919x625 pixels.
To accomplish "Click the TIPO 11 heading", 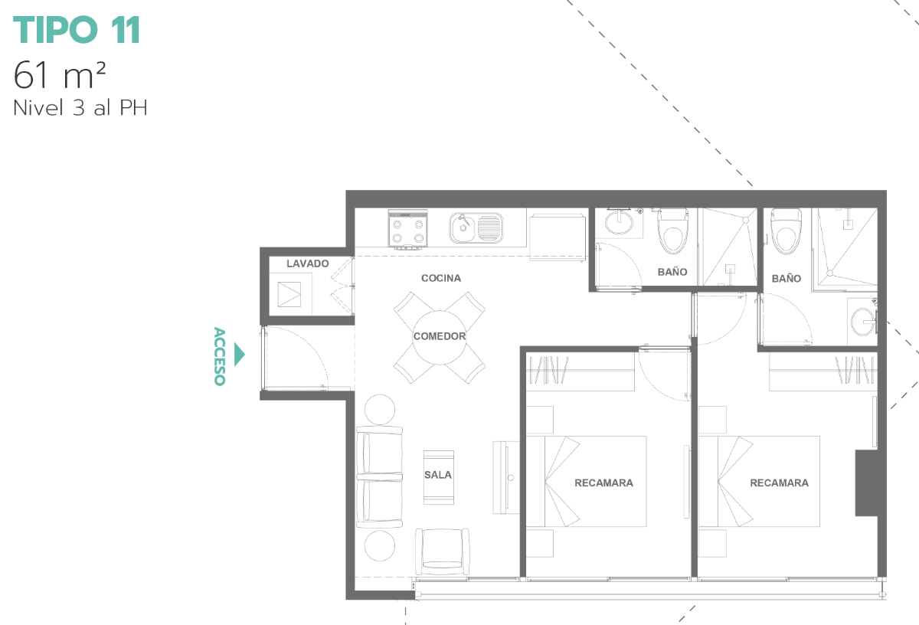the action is pos(77,30).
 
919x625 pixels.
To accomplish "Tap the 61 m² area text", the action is pos(60,75).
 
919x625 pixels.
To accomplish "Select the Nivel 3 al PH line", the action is pos(80,108).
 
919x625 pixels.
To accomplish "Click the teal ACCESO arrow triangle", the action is pos(239,354).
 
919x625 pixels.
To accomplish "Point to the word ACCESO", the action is pos(220,356).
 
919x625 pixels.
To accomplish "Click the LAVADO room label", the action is pos(308,263).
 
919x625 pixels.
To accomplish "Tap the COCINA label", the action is pos(441,278).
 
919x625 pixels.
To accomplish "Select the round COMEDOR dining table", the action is pos(440,337).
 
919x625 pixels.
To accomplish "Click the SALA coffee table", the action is pos(439,477).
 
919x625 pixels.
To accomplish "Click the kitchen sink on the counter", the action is pos(476,227).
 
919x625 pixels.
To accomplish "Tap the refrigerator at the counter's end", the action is pos(558,237).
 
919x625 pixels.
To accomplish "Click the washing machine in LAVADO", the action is pos(290,294).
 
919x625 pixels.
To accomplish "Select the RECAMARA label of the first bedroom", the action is pos(603,483).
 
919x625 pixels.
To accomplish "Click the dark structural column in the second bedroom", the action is pos(866,483).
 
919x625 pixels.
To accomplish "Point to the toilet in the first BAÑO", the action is pos(673,231).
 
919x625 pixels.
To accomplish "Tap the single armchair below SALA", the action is pos(443,551).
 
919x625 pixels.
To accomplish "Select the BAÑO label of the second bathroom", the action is pos(786,279).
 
